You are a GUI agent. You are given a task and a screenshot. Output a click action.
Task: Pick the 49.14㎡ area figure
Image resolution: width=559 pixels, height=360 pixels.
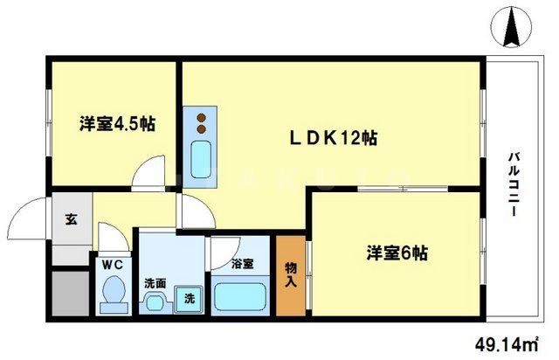click(x=509, y=343)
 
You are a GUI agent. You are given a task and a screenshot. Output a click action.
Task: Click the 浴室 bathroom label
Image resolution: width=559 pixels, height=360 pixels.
click(x=243, y=262)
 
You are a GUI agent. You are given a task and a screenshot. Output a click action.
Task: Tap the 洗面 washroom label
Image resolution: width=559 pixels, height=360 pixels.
click(x=154, y=282)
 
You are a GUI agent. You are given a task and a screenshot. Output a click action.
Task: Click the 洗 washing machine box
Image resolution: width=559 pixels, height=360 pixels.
click(x=188, y=297)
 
